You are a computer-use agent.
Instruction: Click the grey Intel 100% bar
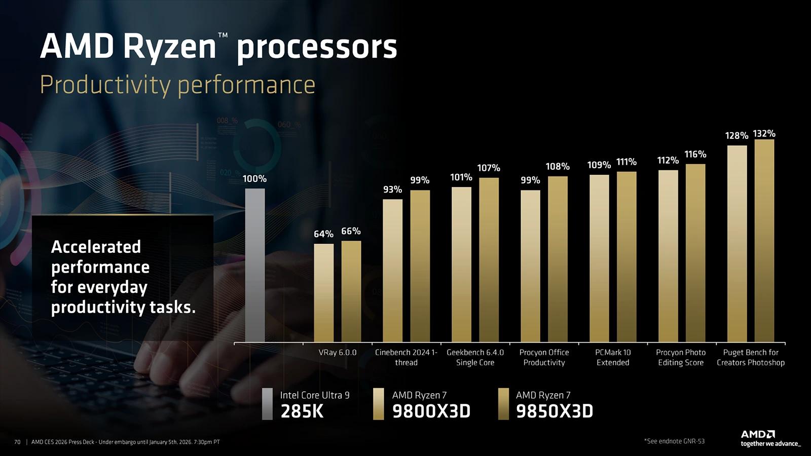tap(255, 265)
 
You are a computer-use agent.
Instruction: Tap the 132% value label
tap(764, 133)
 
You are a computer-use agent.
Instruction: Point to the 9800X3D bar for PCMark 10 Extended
tap(599, 258)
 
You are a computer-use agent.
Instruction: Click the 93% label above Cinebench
tap(392, 189)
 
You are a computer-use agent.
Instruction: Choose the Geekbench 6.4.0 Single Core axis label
tap(475, 357)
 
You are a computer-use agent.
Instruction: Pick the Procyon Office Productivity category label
tap(544, 357)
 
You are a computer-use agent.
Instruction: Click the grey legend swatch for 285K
tap(267, 404)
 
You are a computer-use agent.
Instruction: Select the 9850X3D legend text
tap(554, 411)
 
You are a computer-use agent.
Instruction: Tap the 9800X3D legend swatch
tap(378, 404)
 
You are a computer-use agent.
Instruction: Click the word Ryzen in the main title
tap(170, 47)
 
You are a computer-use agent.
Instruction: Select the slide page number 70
tap(17, 442)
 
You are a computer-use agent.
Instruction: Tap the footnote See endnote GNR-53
tap(674, 441)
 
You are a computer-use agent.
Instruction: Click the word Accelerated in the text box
tap(96, 247)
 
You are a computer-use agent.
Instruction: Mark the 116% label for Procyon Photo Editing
tap(695, 154)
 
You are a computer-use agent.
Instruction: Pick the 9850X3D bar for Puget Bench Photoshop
tap(764, 241)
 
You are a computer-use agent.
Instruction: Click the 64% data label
tap(323, 234)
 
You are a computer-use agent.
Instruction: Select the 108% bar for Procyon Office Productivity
tap(558, 258)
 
